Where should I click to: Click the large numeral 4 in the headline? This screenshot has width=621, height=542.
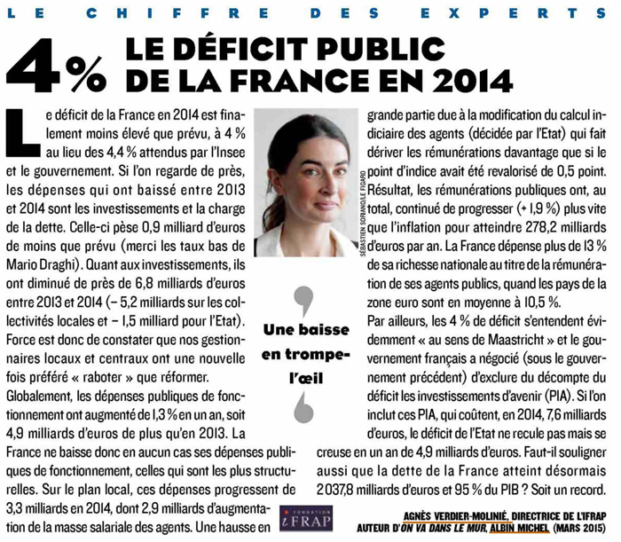[x=35, y=66]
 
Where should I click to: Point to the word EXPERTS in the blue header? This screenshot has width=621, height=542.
[x=514, y=13]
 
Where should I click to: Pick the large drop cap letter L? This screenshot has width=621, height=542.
[x=23, y=133]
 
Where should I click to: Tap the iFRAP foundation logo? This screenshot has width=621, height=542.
[x=306, y=518]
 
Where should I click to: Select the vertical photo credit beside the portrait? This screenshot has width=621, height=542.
[x=362, y=214]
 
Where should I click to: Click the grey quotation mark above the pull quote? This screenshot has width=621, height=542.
[x=304, y=301]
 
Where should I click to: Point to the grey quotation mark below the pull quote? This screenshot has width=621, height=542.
[x=304, y=408]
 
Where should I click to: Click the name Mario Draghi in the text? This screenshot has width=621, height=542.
[x=43, y=265]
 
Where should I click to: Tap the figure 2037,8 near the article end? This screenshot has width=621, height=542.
[x=335, y=490]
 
